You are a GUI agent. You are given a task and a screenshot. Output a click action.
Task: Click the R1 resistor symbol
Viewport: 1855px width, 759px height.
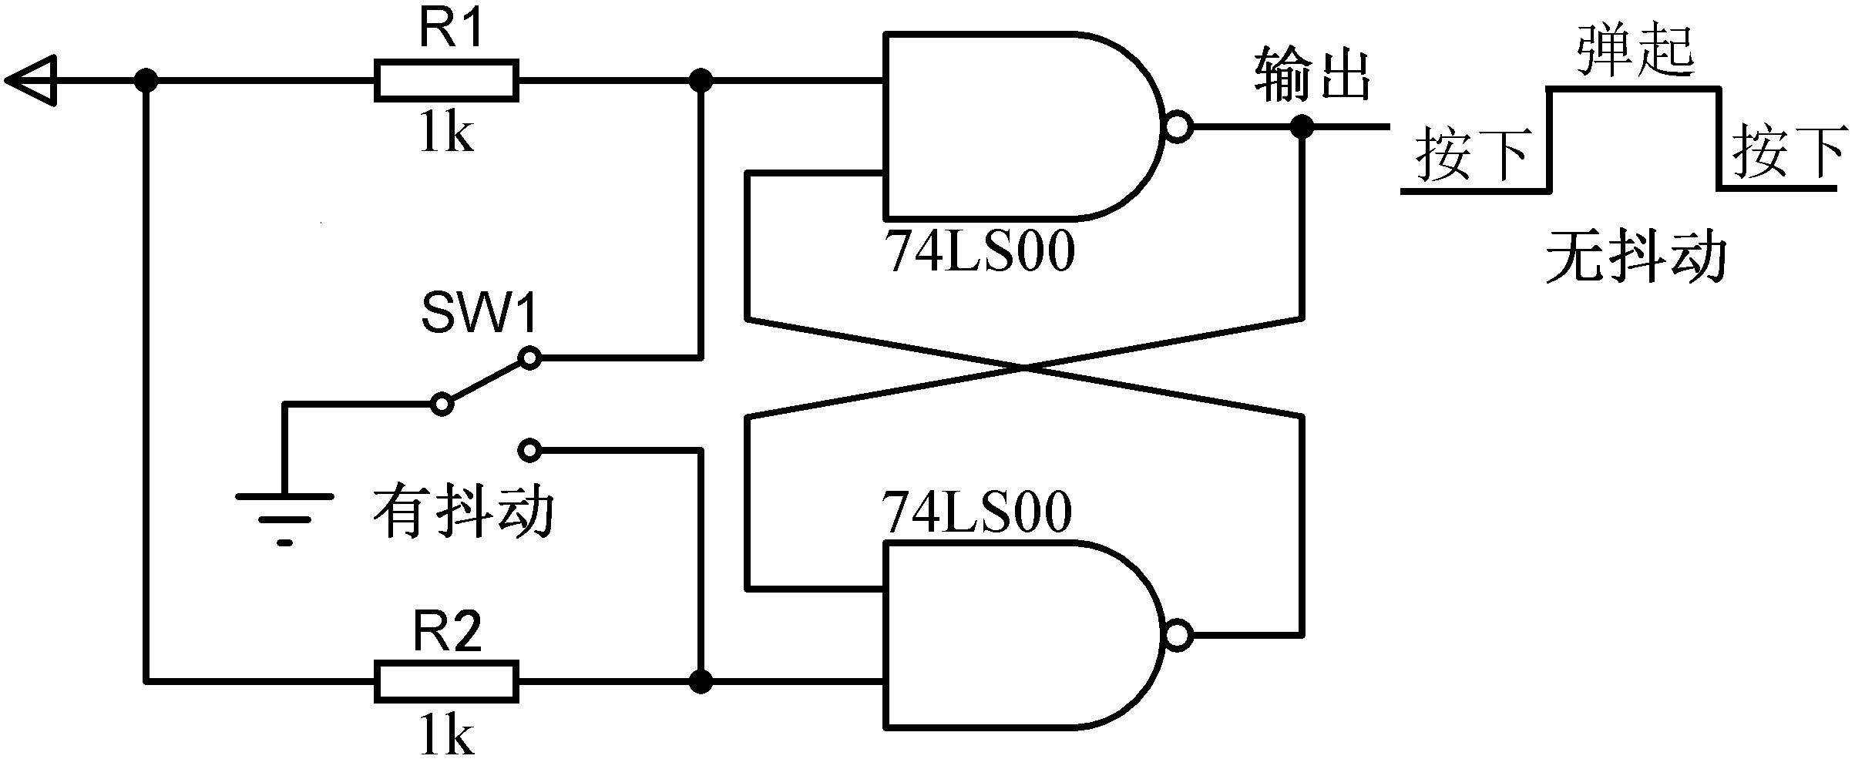[x=446, y=79]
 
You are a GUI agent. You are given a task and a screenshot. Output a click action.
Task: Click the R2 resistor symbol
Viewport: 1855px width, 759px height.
[x=446, y=681]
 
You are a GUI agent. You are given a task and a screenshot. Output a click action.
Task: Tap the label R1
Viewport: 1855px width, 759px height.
[x=452, y=31]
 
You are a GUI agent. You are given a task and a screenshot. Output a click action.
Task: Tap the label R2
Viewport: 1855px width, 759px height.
[x=448, y=633]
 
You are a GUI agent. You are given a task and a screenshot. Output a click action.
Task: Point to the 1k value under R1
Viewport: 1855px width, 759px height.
[x=446, y=132]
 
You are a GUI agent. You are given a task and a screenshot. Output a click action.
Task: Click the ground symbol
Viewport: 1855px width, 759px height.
[x=285, y=516]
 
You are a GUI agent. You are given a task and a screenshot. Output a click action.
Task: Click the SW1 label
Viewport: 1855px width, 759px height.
[x=479, y=314]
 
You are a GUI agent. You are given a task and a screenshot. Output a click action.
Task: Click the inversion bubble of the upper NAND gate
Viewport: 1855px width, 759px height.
[x=1179, y=127]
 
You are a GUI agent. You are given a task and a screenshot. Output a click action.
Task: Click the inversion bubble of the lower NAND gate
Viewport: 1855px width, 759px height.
[x=1179, y=636]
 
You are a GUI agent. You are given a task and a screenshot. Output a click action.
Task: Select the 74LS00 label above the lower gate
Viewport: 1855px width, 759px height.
[x=977, y=512]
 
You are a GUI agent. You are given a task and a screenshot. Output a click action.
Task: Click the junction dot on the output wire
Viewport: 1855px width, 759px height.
[x=1302, y=126]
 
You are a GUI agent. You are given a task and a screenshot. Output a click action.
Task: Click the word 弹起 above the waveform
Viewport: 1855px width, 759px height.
[x=1635, y=51]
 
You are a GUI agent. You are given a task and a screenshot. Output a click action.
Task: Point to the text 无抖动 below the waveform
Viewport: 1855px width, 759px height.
[x=1635, y=257]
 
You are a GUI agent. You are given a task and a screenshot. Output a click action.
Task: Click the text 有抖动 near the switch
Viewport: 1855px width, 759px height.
[x=464, y=512]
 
